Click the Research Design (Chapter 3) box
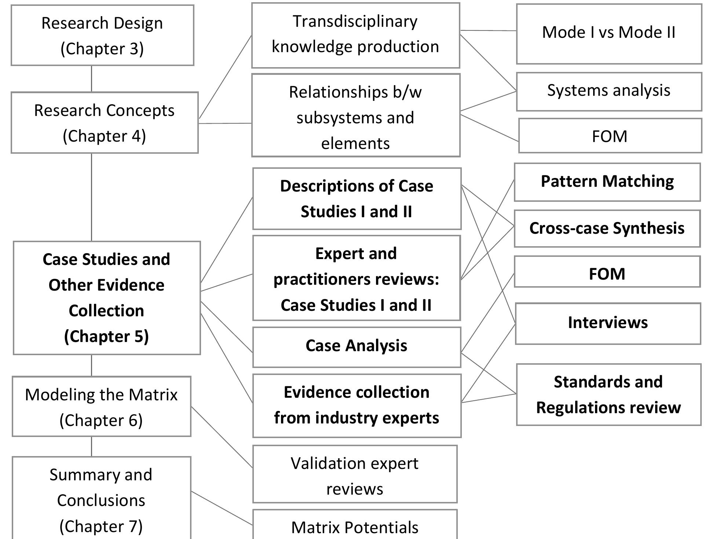tap(102, 36)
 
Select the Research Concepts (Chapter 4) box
tap(105, 123)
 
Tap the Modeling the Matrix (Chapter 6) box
tap(101, 407)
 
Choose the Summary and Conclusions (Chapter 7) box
tap(101, 499)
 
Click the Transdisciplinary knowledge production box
tap(355, 35)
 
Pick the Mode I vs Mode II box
tap(609, 34)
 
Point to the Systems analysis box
tap(609, 91)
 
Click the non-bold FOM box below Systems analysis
tap(610, 136)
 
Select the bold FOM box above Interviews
tap(607, 272)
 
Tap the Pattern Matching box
tap(607, 182)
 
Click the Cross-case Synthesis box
tap(607, 229)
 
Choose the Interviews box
tap(608, 323)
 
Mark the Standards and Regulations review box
tap(609, 395)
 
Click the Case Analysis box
tap(356, 347)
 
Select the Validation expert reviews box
tap(355, 474)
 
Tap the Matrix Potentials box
tap(355, 527)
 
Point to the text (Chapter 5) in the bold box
tap(106, 336)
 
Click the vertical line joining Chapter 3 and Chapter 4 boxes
tap(91, 79)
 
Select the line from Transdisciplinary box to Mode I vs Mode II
tap(488, 30)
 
